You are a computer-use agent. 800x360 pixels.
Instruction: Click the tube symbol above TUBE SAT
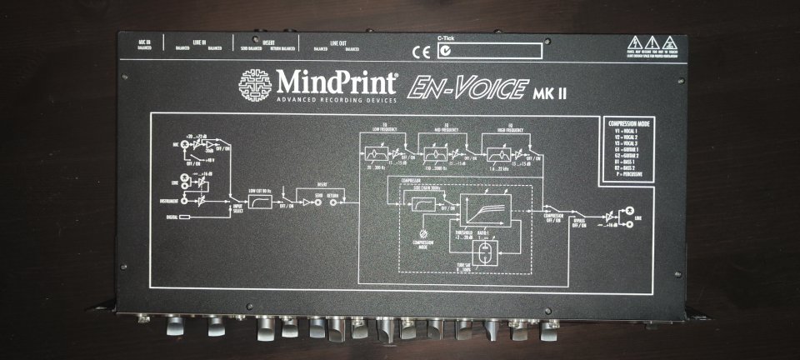(483, 251)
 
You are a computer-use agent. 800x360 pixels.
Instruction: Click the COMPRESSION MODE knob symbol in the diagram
(426, 234)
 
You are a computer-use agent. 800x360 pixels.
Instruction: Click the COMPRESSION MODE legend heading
(632, 124)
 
